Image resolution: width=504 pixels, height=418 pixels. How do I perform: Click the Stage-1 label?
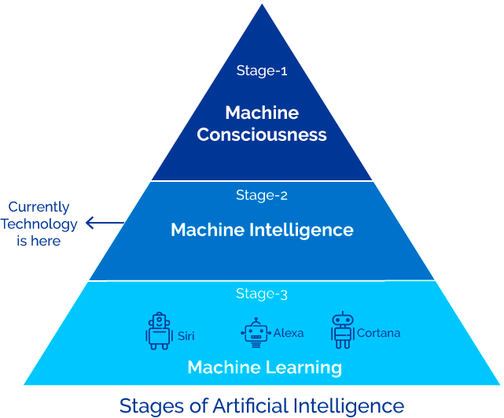262,70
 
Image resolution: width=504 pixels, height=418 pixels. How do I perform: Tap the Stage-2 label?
262,195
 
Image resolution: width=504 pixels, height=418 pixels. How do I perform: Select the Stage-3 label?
262,294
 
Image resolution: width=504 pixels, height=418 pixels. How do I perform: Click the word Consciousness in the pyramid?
262,135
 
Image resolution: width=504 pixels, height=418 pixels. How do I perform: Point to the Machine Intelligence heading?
262,230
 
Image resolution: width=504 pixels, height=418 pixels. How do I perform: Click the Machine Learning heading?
264,367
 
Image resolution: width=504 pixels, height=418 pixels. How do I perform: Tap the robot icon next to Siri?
159,331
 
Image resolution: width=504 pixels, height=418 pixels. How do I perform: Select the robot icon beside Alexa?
255,333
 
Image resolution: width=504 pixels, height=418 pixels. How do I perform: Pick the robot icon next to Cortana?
342,331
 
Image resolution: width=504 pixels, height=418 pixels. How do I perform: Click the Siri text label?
186,335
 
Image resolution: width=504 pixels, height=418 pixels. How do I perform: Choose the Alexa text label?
289,333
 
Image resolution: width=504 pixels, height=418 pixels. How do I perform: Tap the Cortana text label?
378,333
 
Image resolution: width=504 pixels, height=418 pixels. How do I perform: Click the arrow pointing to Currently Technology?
103,224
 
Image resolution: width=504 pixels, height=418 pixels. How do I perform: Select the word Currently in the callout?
39,207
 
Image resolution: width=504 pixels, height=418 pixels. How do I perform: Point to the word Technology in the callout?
39,224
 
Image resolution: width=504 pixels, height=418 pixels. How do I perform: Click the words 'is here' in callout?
39,241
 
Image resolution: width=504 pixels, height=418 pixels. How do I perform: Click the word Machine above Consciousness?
262,112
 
